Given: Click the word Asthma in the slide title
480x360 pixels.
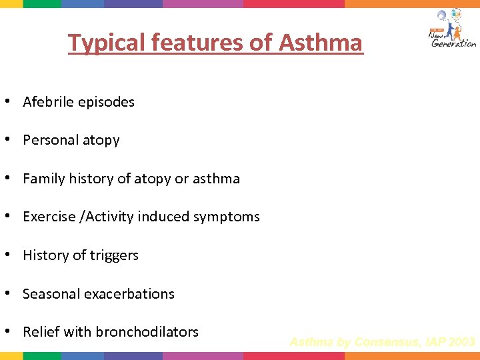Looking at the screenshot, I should tap(321, 43).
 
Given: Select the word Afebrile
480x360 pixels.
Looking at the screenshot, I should tap(49, 102).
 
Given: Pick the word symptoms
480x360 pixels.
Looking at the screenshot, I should tap(229, 217).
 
